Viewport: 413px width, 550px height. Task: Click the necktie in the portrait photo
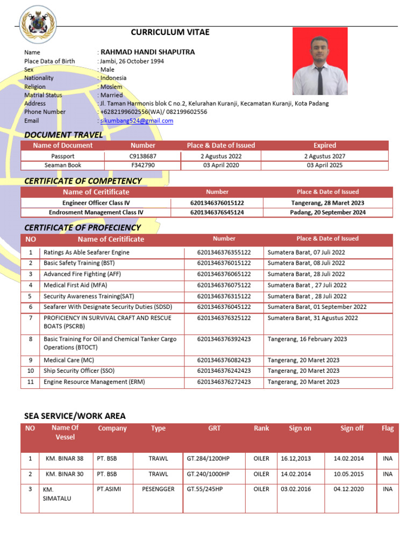point(320,79)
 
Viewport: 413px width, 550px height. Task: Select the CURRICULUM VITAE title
point(170,32)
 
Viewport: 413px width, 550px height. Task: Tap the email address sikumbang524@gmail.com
point(137,121)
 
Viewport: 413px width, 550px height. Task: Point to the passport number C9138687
point(143,156)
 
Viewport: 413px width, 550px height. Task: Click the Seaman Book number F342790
point(143,165)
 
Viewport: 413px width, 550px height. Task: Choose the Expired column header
point(325,146)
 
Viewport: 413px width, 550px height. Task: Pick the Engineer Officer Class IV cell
point(96,203)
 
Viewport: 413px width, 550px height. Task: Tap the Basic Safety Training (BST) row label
point(79,263)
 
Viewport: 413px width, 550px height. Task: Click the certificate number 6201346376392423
point(224,339)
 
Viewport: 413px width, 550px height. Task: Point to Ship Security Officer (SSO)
point(79,371)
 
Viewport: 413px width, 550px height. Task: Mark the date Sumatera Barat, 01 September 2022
point(317,307)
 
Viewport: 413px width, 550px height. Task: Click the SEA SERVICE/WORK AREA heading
point(75,416)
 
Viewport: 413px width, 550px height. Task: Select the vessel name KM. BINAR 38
point(65,459)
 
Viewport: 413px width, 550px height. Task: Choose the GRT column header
point(215,428)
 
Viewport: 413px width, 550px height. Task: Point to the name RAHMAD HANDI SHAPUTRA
point(148,52)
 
